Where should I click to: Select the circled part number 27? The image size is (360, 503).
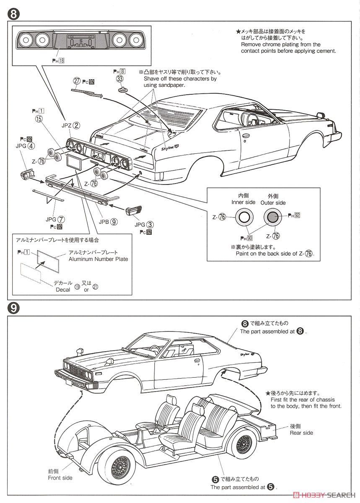coord(76,81)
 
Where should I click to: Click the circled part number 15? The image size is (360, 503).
coord(39,119)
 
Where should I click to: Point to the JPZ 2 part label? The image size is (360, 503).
coord(71,125)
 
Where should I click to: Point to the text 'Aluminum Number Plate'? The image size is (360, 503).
coord(98,259)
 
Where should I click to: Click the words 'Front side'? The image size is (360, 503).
coord(60,478)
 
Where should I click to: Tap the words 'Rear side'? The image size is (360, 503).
coord(301,433)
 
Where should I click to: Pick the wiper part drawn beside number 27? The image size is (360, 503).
coord(87,91)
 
